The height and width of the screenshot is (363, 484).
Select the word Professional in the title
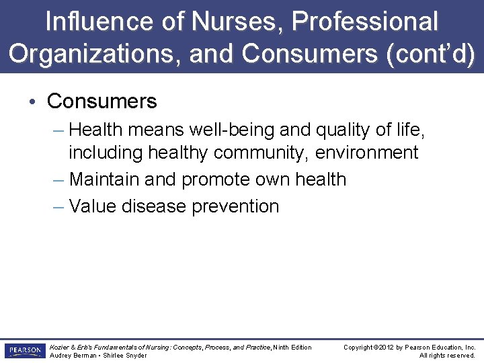click(364, 22)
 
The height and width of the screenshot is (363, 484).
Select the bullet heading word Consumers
click(102, 102)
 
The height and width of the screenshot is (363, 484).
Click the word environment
click(367, 153)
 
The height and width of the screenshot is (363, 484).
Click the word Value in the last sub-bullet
click(93, 206)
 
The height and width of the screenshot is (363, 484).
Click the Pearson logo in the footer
click(24, 351)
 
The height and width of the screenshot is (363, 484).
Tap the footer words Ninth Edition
click(292, 348)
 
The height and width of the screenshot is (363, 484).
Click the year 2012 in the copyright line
click(389, 348)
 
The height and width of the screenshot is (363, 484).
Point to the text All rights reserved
click(447, 356)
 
